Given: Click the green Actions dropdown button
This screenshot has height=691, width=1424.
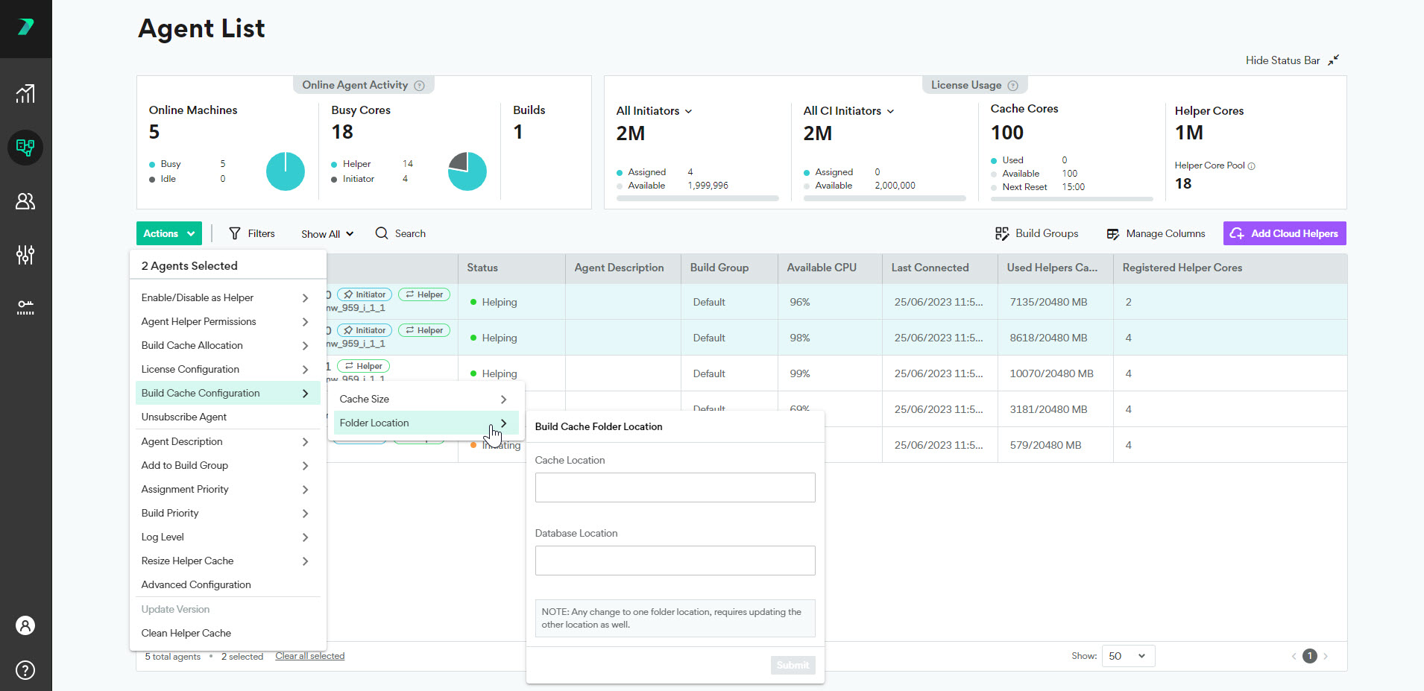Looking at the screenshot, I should click(168, 233).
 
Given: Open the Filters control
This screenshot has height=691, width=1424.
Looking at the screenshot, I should click(252, 233).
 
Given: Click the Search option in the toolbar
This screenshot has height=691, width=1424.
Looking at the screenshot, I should click(400, 233).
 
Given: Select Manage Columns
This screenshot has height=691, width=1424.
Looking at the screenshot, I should click(1156, 233).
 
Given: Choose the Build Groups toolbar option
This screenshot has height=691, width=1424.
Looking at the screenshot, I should click(1036, 233).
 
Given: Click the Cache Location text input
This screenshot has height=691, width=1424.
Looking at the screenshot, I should click(675, 488).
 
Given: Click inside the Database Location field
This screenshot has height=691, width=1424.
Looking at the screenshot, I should click(675, 561).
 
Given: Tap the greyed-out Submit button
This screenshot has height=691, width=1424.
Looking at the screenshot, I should click(793, 665).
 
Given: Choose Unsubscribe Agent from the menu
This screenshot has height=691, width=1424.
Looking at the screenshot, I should click(184, 417).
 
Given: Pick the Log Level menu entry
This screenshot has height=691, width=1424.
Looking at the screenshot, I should click(163, 537).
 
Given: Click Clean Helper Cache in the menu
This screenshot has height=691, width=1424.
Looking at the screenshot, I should click(186, 633).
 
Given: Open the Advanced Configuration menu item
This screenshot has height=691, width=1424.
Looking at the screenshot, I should click(196, 584).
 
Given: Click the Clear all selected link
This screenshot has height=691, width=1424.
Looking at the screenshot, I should click(309, 656).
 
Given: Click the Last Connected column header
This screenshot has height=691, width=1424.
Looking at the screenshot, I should click(930, 268).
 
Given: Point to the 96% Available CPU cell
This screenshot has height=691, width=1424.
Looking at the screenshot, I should click(799, 302).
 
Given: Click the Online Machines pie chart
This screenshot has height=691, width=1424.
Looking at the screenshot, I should click(286, 171).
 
